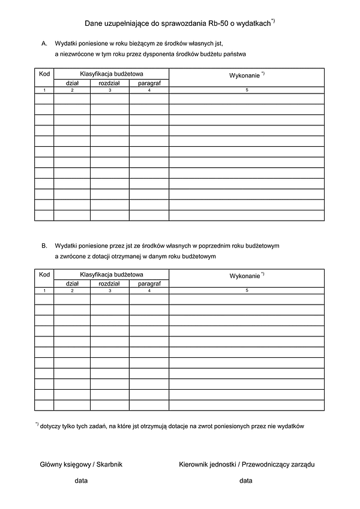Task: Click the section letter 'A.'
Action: point(44,44)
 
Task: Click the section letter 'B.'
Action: point(44,246)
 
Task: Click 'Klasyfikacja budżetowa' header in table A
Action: point(112,73)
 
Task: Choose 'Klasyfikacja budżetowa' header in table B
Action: point(112,274)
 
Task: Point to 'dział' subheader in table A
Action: point(72,83)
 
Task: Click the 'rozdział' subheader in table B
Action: point(110,284)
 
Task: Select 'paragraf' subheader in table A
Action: point(149,83)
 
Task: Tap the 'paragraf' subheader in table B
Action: point(149,284)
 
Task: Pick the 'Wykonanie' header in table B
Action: point(245,276)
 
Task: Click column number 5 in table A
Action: point(247,90)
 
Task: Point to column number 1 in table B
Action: point(44,291)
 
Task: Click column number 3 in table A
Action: point(110,90)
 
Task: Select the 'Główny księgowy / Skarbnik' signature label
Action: point(81,464)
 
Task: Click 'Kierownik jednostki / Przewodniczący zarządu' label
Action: point(247,464)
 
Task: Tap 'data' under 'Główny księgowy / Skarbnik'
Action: point(81,481)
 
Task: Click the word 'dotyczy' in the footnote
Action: point(51,427)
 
